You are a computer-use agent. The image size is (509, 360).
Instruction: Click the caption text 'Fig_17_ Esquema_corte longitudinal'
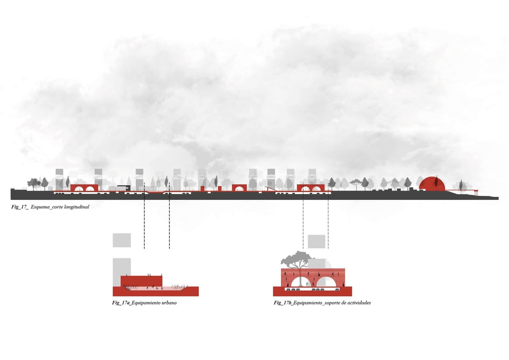50,206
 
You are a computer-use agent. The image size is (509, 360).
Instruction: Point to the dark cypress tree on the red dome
436,183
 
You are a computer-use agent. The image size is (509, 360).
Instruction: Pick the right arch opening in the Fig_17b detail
328,281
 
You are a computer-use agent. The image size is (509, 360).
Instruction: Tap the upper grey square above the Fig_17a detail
122,240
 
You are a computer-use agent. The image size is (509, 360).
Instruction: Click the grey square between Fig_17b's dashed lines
316,242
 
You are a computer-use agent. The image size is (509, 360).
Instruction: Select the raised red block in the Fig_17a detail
142,281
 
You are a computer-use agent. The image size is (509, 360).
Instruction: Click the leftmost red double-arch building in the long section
84,187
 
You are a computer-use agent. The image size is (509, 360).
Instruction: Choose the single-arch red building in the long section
239,187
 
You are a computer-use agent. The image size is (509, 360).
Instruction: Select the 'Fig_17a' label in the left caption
121,303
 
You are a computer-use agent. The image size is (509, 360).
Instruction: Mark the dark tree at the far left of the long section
34,183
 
